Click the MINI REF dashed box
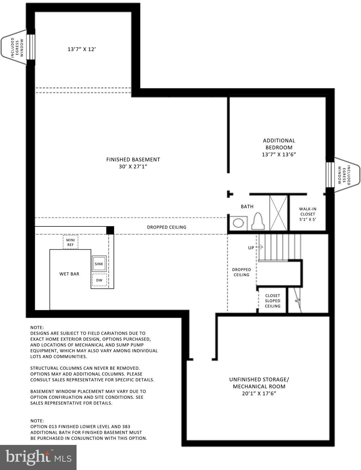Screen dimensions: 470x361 70,242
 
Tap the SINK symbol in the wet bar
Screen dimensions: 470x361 99,264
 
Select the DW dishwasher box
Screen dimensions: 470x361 99,280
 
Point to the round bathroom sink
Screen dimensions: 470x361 238,223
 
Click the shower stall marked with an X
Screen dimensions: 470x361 278,213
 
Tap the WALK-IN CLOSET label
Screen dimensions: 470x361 307,214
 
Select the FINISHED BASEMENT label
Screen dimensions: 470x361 133,163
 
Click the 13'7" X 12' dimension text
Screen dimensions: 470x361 82,49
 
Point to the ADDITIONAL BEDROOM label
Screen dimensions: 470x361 279,147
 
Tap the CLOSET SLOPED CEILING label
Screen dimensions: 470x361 272,301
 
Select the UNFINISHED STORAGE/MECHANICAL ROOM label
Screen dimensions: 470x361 259,386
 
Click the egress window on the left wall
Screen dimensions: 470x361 30,47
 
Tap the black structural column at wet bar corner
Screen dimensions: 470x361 110,230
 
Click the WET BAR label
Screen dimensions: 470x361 69,274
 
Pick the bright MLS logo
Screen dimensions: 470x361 38,457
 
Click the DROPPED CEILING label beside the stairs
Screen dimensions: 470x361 241,272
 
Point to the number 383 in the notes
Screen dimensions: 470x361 126,427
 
